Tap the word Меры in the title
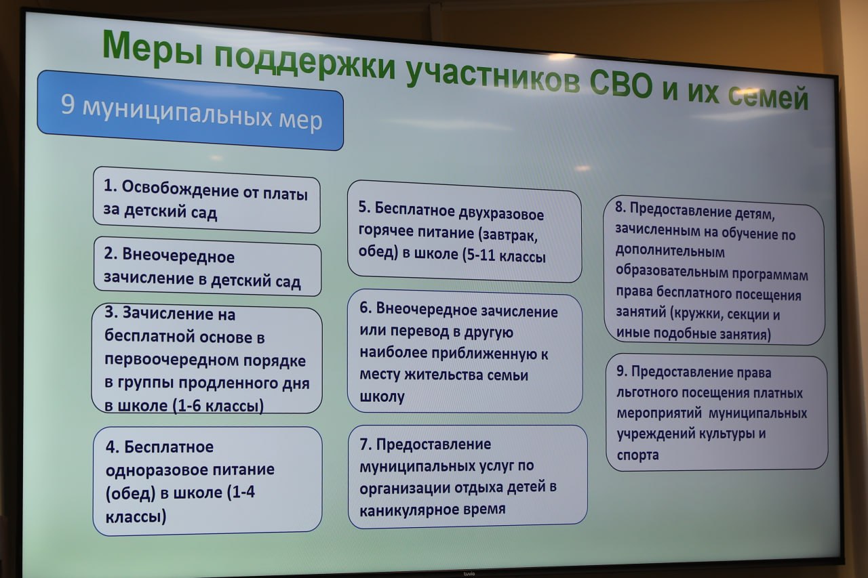(x=153, y=47)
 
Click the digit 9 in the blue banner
(x=67, y=104)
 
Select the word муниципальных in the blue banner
(x=177, y=113)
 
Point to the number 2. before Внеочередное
(x=111, y=253)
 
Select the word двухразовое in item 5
(x=501, y=213)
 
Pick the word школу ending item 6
(x=382, y=397)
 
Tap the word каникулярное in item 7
(x=411, y=510)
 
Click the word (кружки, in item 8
(x=696, y=314)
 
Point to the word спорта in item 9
(x=638, y=455)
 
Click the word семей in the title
(x=768, y=97)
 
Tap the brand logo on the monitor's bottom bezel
(x=469, y=574)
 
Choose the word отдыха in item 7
(x=479, y=487)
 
